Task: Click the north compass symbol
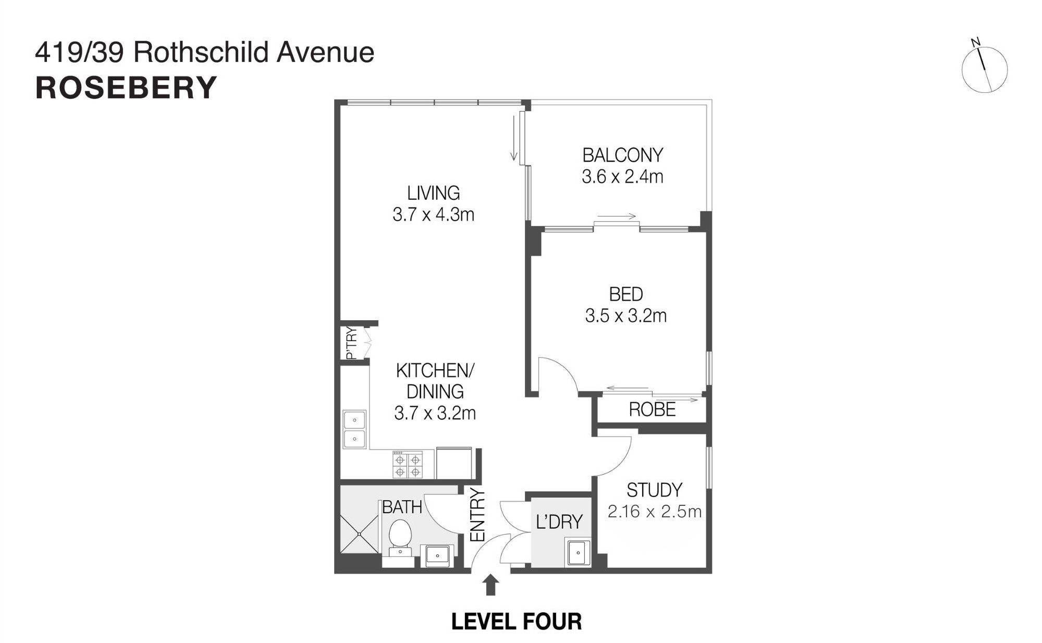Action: [x=984, y=69]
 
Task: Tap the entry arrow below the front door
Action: [x=490, y=585]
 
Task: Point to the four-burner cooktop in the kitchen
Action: [x=407, y=465]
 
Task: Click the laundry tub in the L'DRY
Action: [x=579, y=553]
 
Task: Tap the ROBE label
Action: [x=652, y=410]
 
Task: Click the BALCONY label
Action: [x=622, y=155]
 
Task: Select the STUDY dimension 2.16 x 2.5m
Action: [x=654, y=512]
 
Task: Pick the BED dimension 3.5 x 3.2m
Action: [x=626, y=316]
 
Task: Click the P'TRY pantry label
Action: [x=352, y=343]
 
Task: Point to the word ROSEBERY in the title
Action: [x=126, y=88]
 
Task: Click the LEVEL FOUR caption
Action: [x=516, y=622]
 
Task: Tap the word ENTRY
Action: [x=477, y=515]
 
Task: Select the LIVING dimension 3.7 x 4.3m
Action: [x=433, y=214]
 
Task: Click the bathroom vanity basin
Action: [x=437, y=556]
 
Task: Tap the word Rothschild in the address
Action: [x=202, y=53]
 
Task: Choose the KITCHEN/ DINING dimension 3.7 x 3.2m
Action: [x=435, y=413]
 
